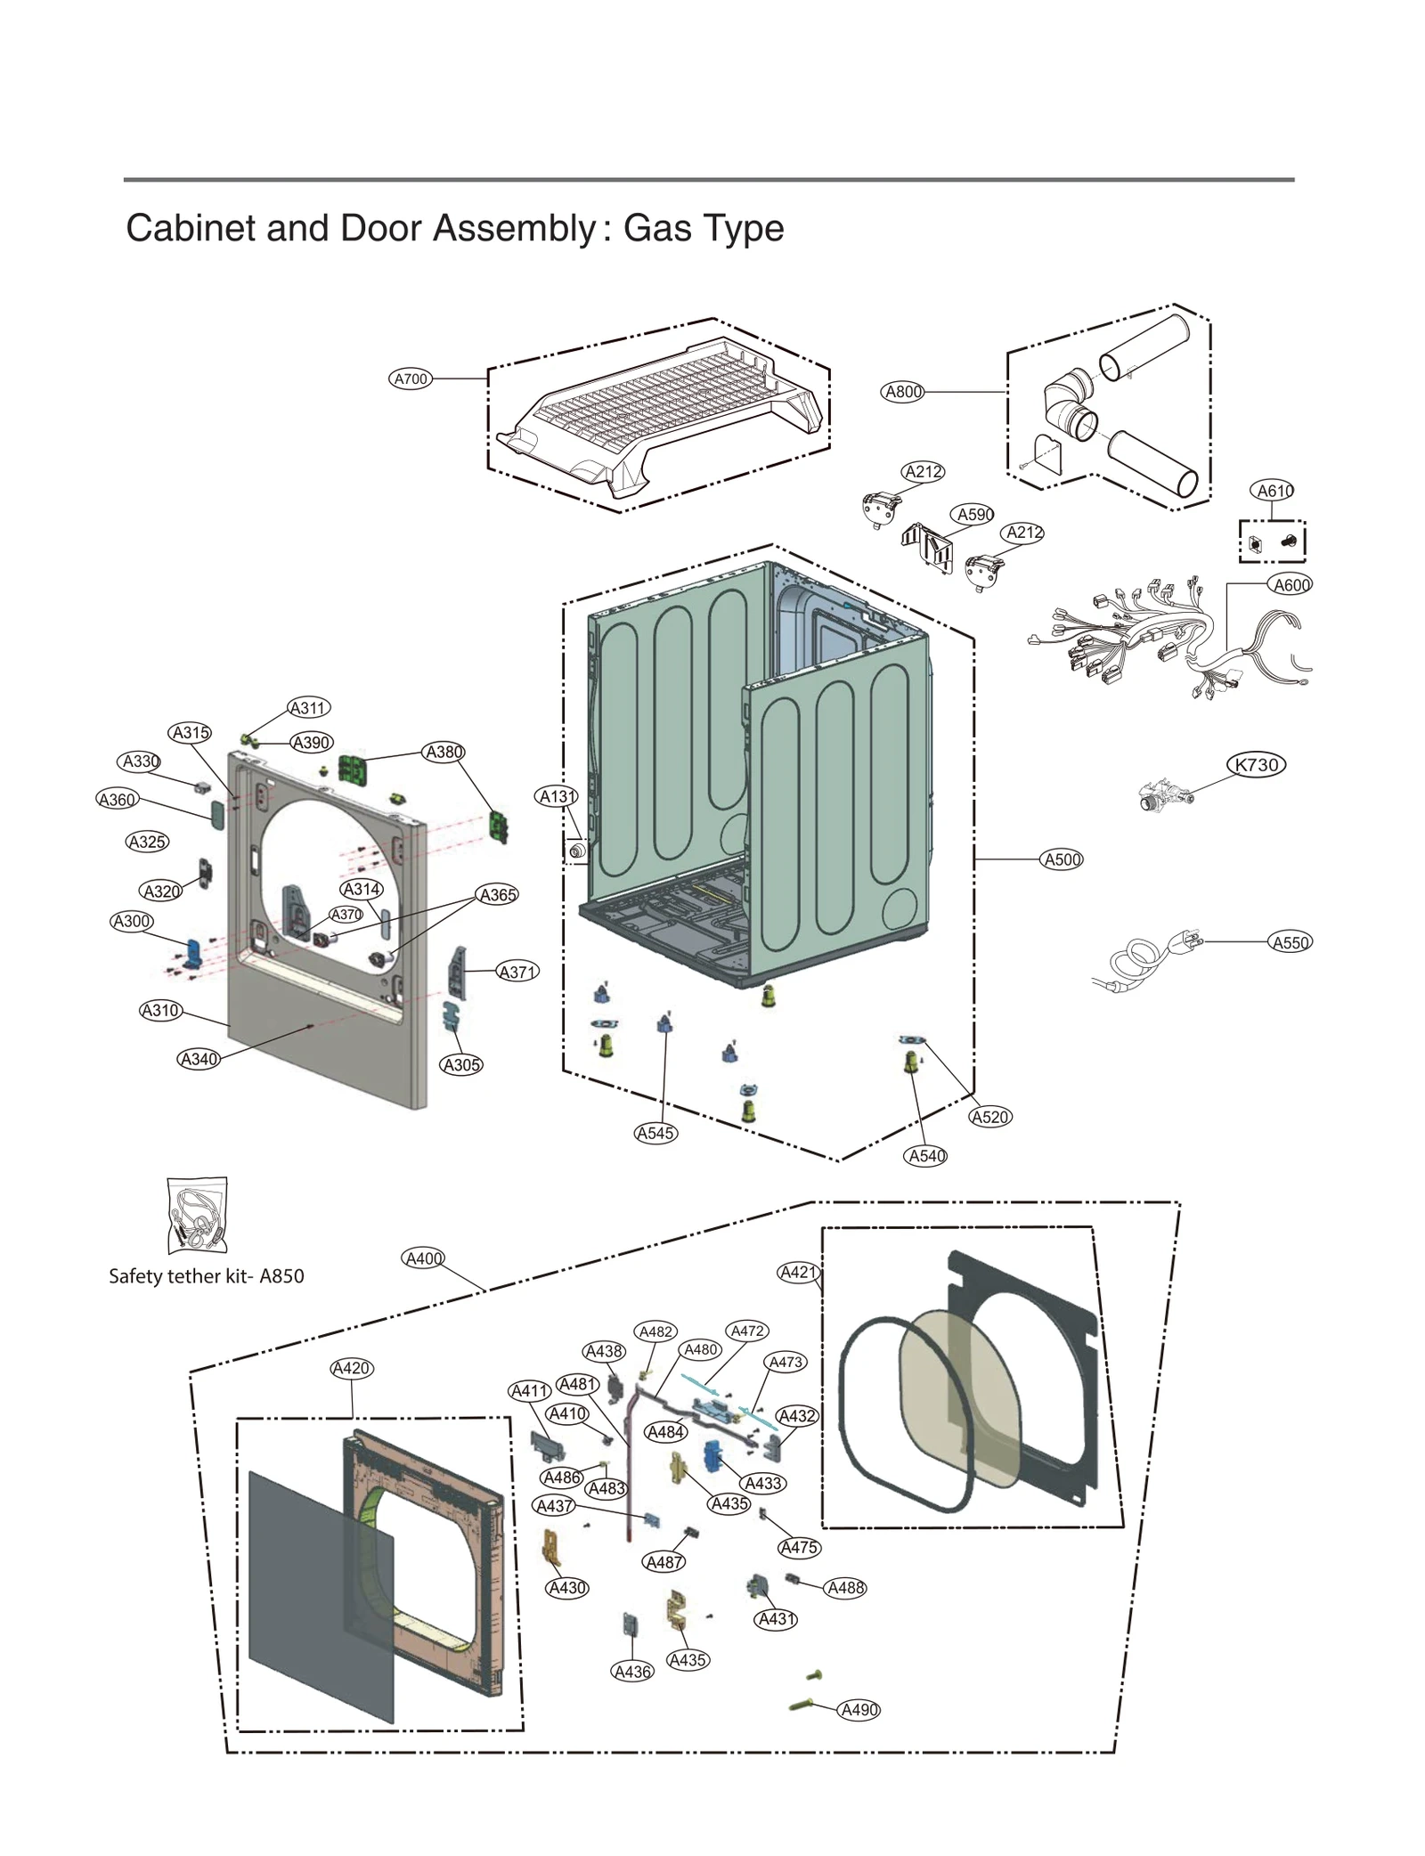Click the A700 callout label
pos(411,379)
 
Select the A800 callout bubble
pos(902,392)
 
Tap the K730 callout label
pos(1257,764)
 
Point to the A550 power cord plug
pos(1189,940)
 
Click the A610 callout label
pos(1274,491)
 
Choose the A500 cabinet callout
pos(1062,859)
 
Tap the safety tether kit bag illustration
pos(197,1215)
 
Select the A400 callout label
pos(423,1258)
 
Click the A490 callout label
pos(859,1710)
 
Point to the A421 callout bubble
pos(798,1272)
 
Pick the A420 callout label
pos(351,1368)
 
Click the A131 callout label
pos(558,796)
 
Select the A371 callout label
pos(517,972)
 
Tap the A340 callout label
pos(199,1059)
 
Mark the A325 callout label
pos(147,842)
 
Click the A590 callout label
pos(975,515)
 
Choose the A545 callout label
pos(655,1133)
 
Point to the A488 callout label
pos(845,1587)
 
